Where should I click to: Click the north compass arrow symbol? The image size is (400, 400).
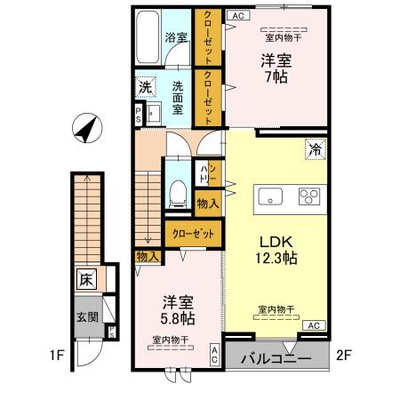(x=87, y=129)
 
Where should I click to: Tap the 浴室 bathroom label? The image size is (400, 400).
(x=176, y=37)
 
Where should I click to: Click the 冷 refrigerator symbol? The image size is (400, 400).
(x=315, y=148)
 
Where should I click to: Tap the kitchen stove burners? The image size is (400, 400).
(x=311, y=196)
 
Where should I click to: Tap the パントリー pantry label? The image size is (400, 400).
(x=204, y=173)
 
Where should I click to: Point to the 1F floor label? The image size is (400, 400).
(x=57, y=358)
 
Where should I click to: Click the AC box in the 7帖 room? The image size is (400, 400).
(x=236, y=15)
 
